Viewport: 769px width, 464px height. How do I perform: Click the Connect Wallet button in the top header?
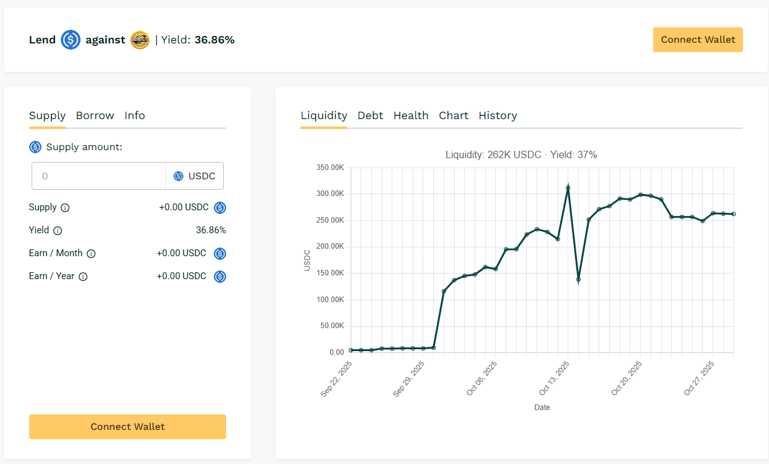[698, 40]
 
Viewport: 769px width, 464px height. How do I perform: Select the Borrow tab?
[95, 115]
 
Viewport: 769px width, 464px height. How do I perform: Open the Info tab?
[134, 115]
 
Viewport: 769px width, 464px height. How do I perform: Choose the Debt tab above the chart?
[370, 115]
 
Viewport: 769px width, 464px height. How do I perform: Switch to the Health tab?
[411, 115]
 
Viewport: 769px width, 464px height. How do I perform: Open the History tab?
[498, 115]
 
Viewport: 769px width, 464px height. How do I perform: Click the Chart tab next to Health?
[454, 115]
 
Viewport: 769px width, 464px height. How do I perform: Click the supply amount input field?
[99, 176]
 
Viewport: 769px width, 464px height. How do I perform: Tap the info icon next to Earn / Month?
[91, 254]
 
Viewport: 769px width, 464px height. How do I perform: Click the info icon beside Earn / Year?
[83, 277]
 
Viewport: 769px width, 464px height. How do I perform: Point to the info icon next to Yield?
[58, 231]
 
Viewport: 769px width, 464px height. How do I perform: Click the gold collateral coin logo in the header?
[140, 40]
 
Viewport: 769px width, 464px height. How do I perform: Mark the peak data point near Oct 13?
[568, 187]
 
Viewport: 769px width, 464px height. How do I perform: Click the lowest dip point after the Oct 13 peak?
[578, 279]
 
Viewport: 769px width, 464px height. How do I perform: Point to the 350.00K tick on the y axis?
[330, 167]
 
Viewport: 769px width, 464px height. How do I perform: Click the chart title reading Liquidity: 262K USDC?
[521, 154]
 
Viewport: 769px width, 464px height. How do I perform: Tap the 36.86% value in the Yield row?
[211, 230]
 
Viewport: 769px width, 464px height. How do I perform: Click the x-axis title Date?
[542, 408]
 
